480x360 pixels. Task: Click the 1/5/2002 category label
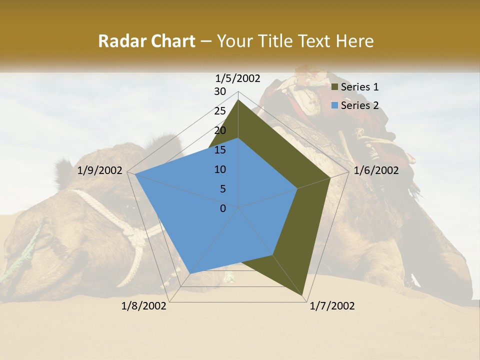pos(238,78)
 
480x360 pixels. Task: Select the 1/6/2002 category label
pos(376,170)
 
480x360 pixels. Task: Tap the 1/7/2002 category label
pos(332,306)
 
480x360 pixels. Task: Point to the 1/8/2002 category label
pos(144,306)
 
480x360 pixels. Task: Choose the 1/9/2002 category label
pos(100,170)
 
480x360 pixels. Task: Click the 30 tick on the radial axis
pos(220,91)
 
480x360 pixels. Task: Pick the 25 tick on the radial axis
pos(220,111)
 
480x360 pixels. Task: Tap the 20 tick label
pos(220,130)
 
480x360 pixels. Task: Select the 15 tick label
pos(220,150)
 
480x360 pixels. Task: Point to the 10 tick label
pos(220,169)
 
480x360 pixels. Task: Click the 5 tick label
pos(223,189)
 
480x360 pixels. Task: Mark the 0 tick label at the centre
pos(223,208)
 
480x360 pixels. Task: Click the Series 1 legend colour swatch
pos(335,87)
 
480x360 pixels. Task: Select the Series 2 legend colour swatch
pos(335,105)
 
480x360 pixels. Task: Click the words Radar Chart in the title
pos(146,41)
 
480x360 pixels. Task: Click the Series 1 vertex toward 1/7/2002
pos(303,295)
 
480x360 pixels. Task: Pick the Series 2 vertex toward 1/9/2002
pos(135,174)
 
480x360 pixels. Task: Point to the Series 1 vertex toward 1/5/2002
pos(238,100)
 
